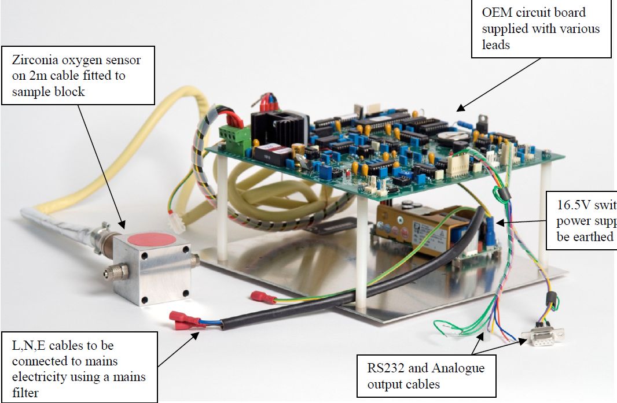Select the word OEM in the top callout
(x=494, y=13)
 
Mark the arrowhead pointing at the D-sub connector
(x=524, y=343)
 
